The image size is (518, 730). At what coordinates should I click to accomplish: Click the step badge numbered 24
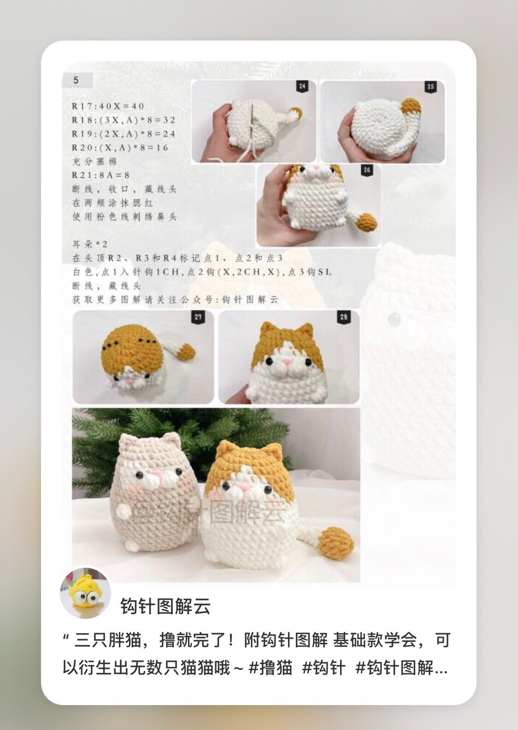(x=302, y=86)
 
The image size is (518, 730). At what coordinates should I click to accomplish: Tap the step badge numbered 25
(x=431, y=87)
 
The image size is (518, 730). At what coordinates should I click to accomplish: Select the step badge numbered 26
(x=367, y=170)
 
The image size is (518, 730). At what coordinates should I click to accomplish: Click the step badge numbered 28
(x=344, y=317)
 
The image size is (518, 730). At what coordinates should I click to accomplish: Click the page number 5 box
(x=77, y=80)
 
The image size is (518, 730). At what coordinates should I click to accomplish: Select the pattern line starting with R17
(x=108, y=106)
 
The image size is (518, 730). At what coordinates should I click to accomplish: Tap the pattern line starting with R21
(x=100, y=175)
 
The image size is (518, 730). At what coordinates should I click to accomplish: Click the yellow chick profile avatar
(x=85, y=593)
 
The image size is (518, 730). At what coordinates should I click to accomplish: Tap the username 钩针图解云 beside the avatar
(x=165, y=606)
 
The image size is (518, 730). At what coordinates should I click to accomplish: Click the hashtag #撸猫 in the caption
(x=270, y=667)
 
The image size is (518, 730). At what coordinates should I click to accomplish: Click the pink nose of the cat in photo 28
(x=288, y=363)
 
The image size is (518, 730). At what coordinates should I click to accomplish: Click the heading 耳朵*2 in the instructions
(x=90, y=244)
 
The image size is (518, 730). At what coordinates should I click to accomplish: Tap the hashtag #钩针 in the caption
(x=324, y=667)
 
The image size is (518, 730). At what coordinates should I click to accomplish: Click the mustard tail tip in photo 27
(x=187, y=353)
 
